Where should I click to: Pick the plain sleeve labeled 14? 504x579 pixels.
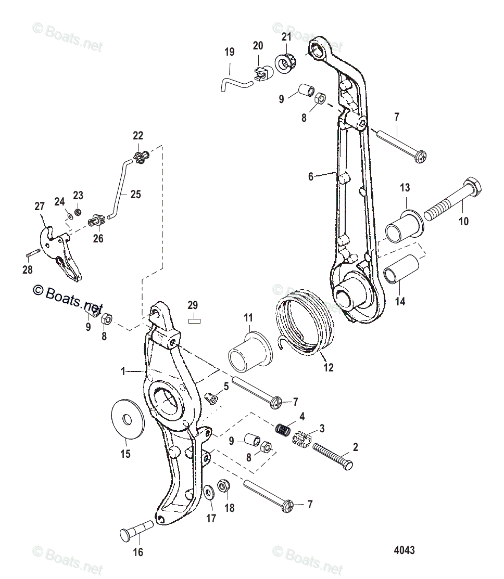(401, 269)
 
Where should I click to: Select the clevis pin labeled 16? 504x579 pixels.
(136, 530)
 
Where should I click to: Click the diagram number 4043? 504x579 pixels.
(404, 550)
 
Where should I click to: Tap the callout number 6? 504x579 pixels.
(311, 177)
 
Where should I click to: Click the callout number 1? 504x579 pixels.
(123, 371)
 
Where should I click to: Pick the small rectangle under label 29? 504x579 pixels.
(194, 321)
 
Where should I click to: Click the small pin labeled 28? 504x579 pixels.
(32, 253)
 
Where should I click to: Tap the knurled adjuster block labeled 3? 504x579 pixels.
(302, 439)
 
